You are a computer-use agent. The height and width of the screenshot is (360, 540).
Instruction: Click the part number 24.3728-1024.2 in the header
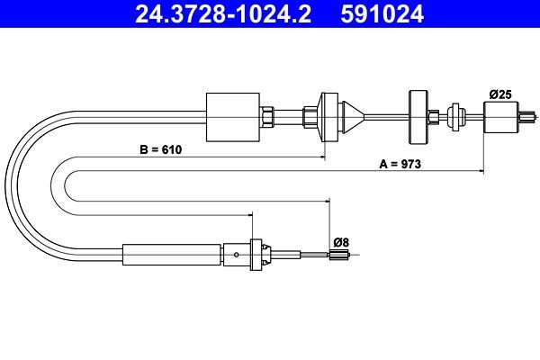[220, 14]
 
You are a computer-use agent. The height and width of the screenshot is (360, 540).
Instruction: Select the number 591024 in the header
[391, 14]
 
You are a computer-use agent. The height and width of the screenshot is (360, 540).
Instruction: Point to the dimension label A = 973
[400, 164]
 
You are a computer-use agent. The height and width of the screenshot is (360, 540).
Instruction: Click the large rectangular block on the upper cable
[233, 116]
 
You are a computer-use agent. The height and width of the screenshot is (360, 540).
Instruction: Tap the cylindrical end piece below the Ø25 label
[500, 116]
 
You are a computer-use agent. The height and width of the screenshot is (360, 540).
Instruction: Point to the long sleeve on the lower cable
[171, 255]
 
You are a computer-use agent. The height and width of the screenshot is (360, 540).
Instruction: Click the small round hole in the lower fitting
[236, 255]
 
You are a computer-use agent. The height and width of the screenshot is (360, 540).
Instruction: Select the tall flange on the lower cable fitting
[256, 254]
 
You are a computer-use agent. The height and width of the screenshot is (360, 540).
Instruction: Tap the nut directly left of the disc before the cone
[311, 116]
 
